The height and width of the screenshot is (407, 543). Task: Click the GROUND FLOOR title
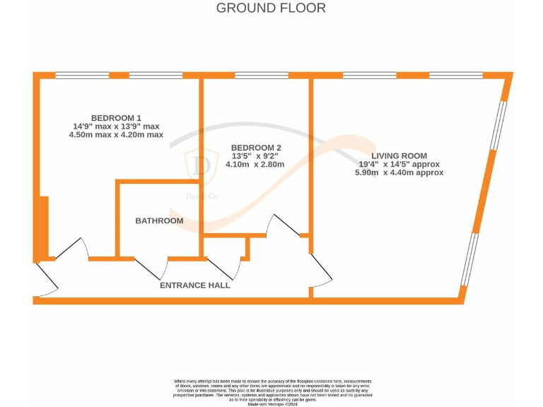[271, 8]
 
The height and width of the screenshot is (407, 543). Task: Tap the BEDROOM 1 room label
[116, 117]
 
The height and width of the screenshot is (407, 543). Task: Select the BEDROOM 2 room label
[256, 148]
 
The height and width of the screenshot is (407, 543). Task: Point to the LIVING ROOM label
[400, 155]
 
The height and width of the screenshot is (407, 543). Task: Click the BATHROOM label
[159, 220]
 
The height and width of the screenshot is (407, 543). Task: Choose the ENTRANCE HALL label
[195, 285]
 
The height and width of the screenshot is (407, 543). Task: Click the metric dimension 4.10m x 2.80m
[255, 165]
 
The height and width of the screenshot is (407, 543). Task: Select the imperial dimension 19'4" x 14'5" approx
[400, 164]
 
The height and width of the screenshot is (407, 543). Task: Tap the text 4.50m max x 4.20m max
[116, 134]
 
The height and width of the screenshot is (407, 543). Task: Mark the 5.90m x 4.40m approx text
[400, 172]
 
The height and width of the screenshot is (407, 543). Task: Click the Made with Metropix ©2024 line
[271, 403]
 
